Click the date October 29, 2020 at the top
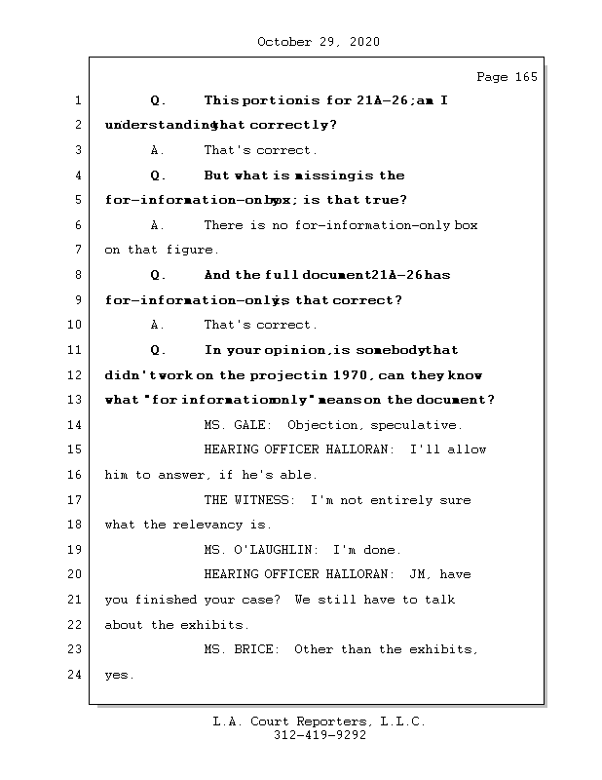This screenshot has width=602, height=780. tap(319, 42)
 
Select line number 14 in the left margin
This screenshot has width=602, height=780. tap(77, 425)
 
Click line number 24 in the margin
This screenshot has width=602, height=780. tap(77, 675)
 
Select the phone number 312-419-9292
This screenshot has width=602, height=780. tap(319, 736)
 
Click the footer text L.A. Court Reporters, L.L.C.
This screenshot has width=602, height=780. tap(319, 721)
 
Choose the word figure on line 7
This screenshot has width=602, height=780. tap(191, 251)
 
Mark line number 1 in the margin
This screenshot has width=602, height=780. tap(77, 100)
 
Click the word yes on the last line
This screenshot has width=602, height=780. tap(118, 675)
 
